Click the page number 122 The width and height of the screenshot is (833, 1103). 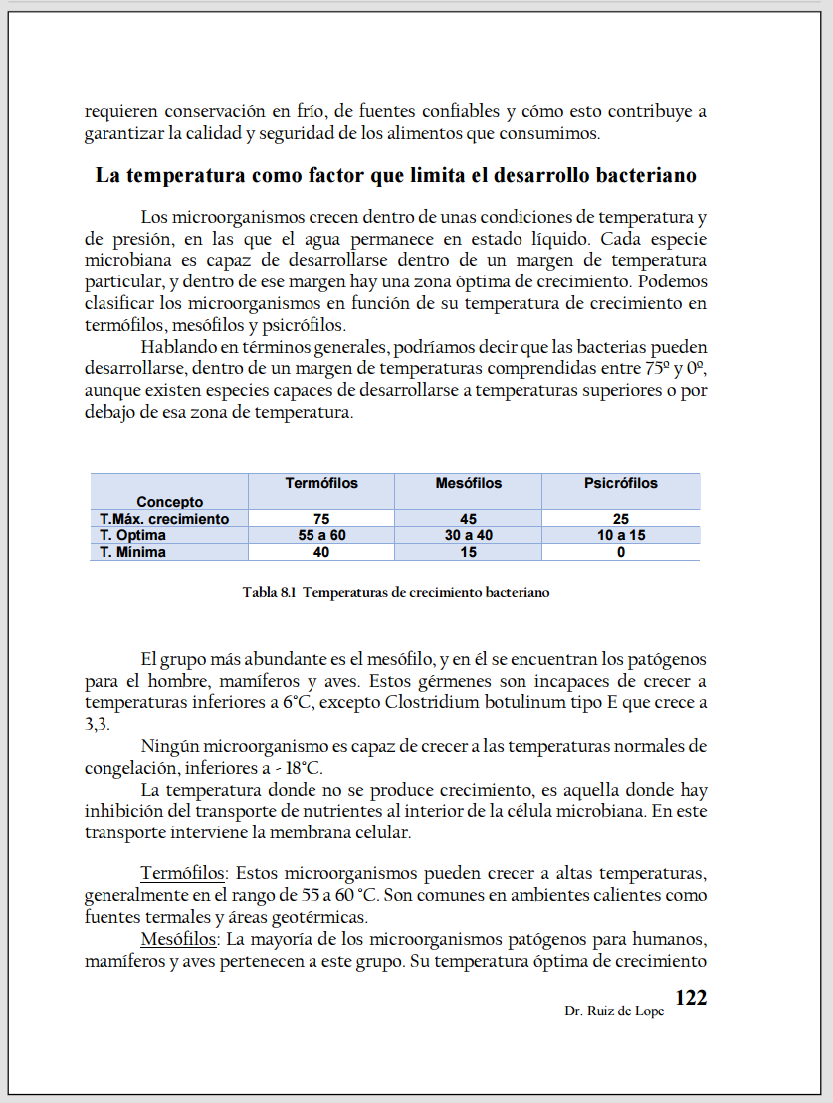coord(691,999)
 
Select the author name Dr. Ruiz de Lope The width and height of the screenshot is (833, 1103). coord(614,1011)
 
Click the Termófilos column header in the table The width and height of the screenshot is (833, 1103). coord(321,484)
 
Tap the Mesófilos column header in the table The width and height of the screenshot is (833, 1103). coord(469,484)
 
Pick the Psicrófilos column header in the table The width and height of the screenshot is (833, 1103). coord(621,484)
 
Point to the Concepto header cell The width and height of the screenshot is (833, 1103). coord(170,502)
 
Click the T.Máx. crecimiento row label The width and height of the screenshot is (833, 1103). coord(164,519)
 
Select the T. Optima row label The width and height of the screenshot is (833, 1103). coord(133,535)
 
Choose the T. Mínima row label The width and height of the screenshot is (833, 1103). coord(133,552)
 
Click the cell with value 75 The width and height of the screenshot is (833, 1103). coord(321,519)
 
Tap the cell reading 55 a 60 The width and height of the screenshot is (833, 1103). coord(321,535)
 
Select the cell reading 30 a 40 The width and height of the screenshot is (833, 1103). coord(469,535)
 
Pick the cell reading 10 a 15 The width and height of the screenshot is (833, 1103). coord(621,535)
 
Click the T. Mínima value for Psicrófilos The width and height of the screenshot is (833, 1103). coord(621,552)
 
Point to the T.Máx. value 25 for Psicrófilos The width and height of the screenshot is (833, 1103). coord(621,519)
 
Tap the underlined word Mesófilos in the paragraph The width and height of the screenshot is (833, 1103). coord(178,940)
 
